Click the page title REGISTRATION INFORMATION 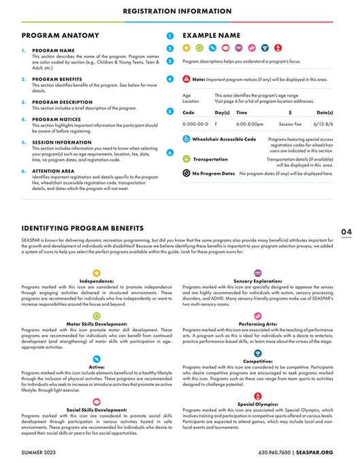180,11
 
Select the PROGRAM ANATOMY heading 54,35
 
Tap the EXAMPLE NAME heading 211,35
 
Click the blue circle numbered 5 169,110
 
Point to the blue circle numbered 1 169,36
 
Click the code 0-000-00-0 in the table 196,125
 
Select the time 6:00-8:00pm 250,125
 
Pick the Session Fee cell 290,125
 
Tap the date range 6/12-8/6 325,125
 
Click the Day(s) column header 222,112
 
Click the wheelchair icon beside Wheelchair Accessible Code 186,139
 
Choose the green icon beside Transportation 186,159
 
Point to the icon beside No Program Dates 186,174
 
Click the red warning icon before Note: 186,80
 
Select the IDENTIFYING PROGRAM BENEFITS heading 82,227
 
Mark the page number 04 346,231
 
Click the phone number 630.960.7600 277,452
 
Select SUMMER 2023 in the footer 40,452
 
